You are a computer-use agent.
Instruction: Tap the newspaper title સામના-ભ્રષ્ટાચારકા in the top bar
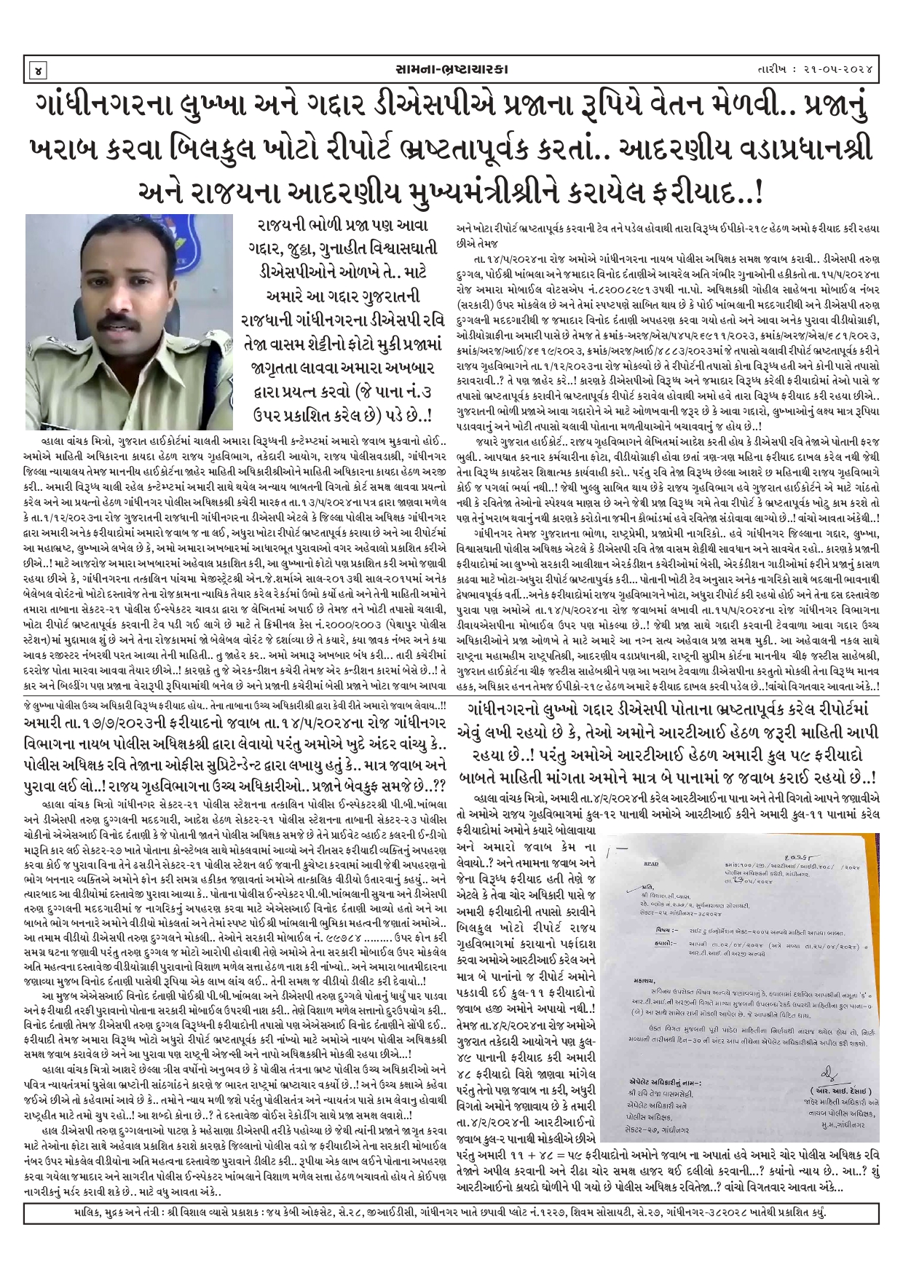[x=451, y=69]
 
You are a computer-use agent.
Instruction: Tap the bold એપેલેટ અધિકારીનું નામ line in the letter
[x=663, y=1083]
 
